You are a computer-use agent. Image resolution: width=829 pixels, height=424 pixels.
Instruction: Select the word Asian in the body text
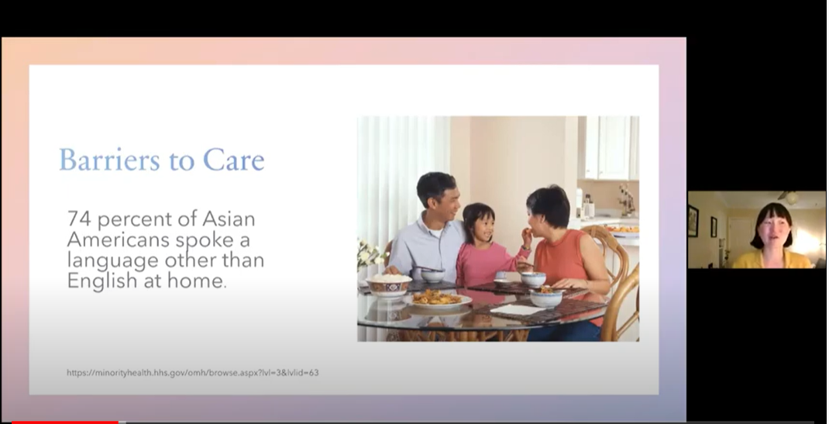(x=229, y=219)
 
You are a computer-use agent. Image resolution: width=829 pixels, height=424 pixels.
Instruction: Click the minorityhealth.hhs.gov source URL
(x=192, y=373)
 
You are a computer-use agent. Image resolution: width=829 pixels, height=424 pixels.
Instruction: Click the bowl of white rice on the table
(x=389, y=285)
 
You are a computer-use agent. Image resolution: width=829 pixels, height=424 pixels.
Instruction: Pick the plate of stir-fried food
(x=437, y=299)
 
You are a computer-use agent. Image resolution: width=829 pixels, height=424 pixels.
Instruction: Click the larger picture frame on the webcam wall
(x=693, y=220)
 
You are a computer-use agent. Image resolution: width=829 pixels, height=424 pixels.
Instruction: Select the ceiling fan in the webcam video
(x=790, y=197)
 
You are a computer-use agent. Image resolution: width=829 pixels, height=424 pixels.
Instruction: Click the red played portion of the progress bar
(x=65, y=422)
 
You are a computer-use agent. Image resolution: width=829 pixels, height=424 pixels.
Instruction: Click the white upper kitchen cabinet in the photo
(x=612, y=147)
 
